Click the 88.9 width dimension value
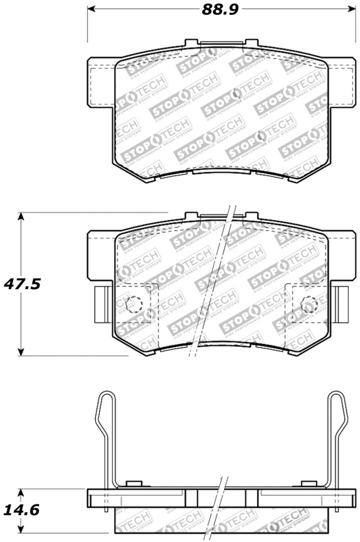tap(220, 9)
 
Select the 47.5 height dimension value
tap(22, 285)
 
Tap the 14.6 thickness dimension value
tap(21, 510)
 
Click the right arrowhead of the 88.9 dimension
tap(351, 8)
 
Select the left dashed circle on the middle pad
tap(134, 305)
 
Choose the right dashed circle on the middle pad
tap(309, 305)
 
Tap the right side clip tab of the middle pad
tap(341, 305)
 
